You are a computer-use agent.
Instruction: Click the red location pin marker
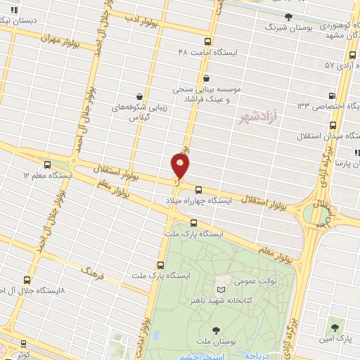pos(181,165)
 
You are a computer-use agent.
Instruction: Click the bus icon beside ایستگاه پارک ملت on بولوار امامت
pos(161,265)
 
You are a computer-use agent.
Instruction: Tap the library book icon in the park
pos(221,289)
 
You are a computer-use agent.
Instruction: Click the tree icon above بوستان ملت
pos(215,330)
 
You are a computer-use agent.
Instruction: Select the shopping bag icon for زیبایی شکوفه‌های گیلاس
pos(140,96)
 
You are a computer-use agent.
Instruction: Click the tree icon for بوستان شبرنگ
pos(288,16)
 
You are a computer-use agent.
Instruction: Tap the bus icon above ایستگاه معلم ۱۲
pos(47,163)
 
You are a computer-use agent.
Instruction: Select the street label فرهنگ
pos(92,271)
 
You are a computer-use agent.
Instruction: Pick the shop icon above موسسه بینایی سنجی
pos(206,79)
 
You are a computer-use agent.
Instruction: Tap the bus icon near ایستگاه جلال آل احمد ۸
pos(27,279)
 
